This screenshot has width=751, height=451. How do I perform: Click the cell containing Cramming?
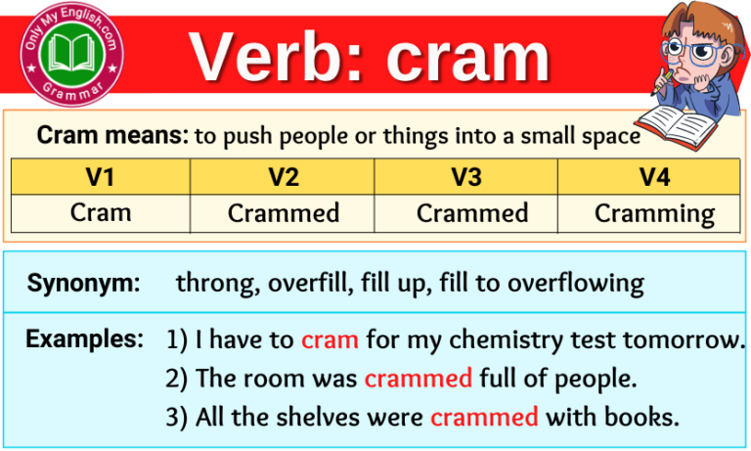(654, 213)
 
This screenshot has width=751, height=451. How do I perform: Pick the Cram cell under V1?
(101, 212)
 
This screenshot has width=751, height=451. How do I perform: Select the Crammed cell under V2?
(284, 212)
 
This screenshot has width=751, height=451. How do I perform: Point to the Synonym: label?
(84, 284)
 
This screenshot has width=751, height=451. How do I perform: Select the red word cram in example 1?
(330, 340)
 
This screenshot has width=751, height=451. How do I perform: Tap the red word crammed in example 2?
(418, 378)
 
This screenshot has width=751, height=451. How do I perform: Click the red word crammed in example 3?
(484, 417)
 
